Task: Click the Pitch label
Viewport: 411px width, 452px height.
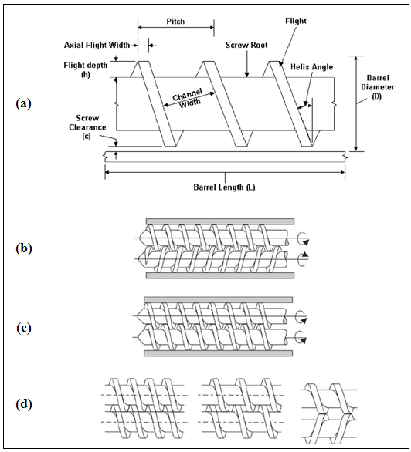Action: [x=175, y=22]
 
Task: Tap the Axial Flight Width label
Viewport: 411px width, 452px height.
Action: [x=97, y=45]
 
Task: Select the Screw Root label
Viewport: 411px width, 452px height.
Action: [x=246, y=45]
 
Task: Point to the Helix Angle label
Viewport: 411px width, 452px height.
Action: [x=311, y=67]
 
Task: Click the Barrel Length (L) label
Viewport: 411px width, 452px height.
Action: [x=224, y=187]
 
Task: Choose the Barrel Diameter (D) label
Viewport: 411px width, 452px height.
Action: [x=378, y=87]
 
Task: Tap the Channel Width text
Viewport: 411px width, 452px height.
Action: [x=188, y=98]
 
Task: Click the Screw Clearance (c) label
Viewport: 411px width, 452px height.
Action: [x=87, y=127]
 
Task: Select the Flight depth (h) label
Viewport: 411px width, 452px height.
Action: [x=86, y=69]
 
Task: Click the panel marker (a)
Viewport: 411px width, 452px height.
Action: [x=24, y=103]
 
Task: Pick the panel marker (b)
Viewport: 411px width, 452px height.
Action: [x=24, y=248]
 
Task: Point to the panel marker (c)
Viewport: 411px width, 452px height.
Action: [x=24, y=328]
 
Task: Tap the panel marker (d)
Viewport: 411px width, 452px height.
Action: [x=24, y=404]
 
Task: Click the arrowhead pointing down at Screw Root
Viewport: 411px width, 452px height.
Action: [x=246, y=75]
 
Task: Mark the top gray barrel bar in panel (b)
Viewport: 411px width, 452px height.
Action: [x=220, y=221]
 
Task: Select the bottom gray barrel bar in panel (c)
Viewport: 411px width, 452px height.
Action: [x=218, y=353]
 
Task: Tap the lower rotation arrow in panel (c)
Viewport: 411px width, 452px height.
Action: [x=301, y=337]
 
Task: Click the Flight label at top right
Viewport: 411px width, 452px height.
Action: [x=296, y=21]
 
